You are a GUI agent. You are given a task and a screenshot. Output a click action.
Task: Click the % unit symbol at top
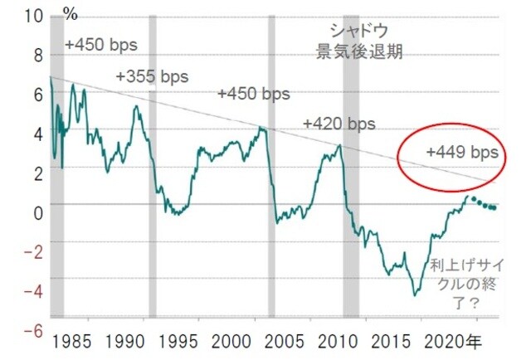[71, 15]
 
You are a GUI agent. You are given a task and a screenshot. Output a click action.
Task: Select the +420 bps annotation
[339, 124]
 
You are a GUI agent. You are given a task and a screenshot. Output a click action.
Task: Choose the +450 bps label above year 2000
[255, 94]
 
